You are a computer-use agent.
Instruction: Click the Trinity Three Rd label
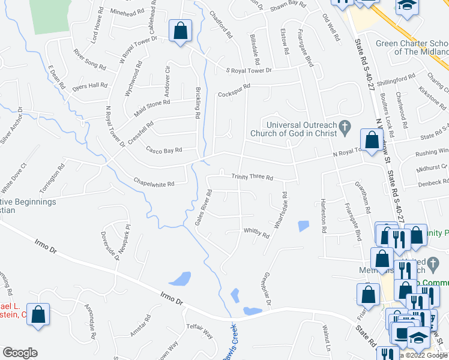(x=253, y=178)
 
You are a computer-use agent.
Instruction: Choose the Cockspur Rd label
(x=234, y=94)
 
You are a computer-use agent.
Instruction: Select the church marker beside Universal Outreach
(x=344, y=126)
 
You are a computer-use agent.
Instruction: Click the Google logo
(x=20, y=353)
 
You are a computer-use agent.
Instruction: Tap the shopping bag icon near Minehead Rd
(x=180, y=31)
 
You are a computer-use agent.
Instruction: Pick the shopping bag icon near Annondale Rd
(x=38, y=314)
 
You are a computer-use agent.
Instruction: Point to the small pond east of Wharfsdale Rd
(x=303, y=226)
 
